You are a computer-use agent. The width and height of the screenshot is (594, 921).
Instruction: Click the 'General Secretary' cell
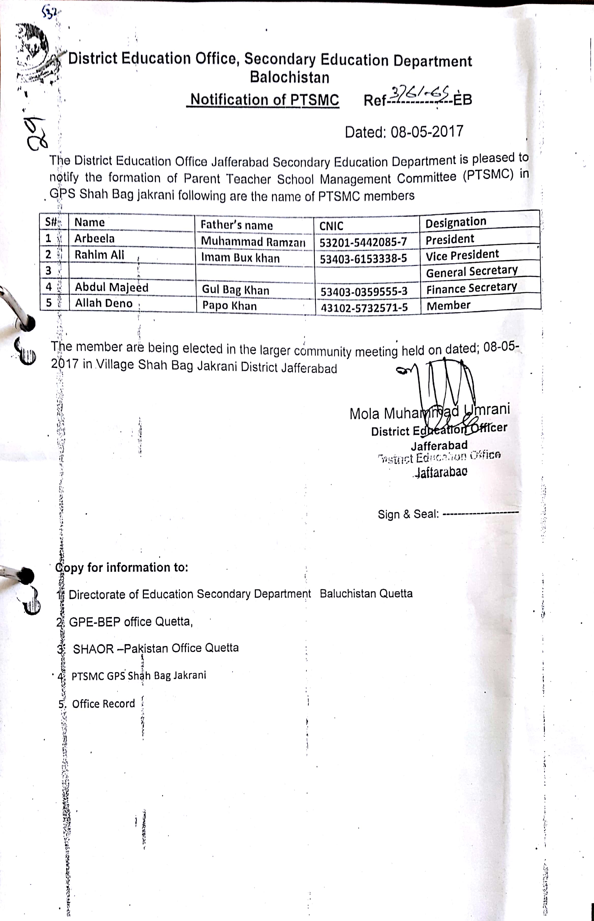(x=471, y=271)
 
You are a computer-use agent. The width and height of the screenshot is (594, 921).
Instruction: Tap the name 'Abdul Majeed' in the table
(x=111, y=287)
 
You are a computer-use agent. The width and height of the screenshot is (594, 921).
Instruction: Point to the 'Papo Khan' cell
(x=230, y=306)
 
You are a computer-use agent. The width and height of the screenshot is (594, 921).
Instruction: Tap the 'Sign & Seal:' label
(x=408, y=514)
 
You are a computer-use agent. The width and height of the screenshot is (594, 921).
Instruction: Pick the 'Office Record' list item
(x=103, y=703)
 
